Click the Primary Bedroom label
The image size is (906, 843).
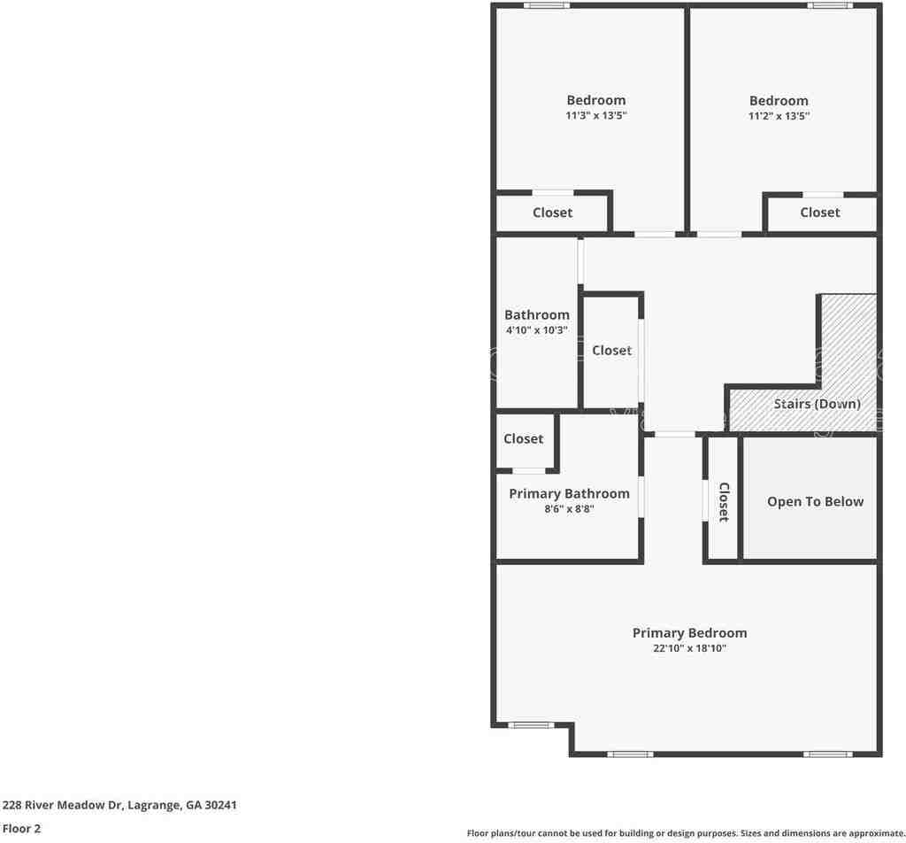[689, 633]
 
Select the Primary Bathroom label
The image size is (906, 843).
[569, 494]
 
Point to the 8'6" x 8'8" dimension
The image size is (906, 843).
[569, 509]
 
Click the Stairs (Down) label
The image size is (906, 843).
[817, 404]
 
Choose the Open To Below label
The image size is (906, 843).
[815, 502]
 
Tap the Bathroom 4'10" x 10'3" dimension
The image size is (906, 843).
[536, 330]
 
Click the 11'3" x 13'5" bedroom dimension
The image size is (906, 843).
[595, 116]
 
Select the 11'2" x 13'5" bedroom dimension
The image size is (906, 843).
[779, 116]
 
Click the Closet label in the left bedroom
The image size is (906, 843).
[552, 213]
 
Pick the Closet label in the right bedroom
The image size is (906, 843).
[820, 213]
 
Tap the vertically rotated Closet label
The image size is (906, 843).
[723, 502]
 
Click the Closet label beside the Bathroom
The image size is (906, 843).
[611, 351]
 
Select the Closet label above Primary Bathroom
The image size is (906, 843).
[524, 439]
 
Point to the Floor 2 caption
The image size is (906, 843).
[21, 830]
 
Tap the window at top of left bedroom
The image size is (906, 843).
[546, 6]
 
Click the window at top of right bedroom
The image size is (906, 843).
[830, 6]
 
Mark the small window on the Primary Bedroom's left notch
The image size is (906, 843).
[531, 725]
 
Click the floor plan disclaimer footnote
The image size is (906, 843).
[686, 833]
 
